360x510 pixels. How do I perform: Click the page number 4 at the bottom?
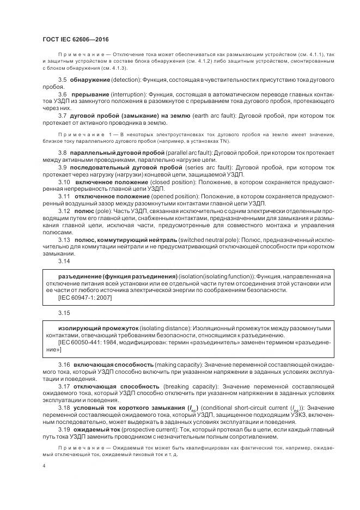pos(44,467)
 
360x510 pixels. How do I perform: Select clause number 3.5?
pos(63,80)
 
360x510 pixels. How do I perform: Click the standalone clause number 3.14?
pos(64,261)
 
